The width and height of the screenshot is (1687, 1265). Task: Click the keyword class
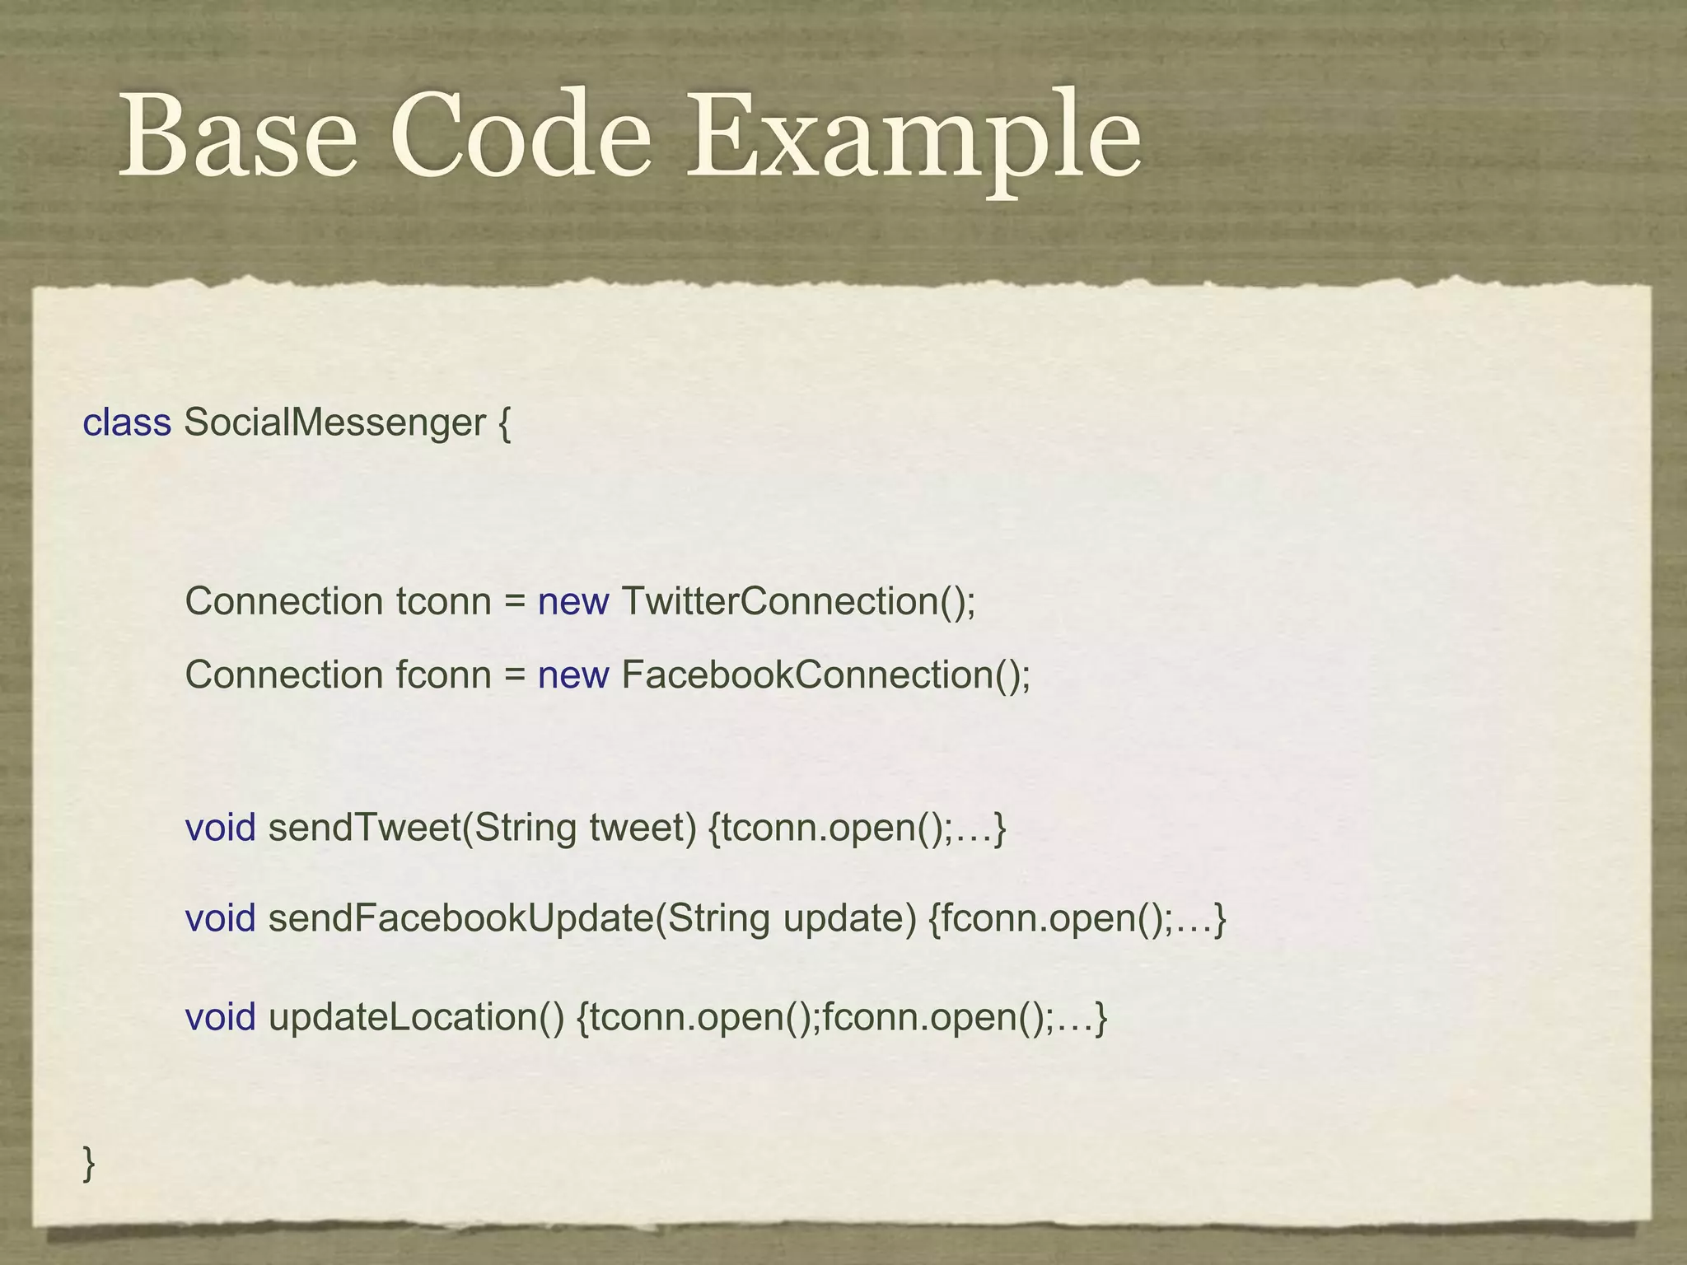tap(127, 422)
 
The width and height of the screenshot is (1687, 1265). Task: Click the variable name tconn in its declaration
tap(443, 602)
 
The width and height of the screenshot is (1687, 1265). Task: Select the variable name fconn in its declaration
tap(443, 675)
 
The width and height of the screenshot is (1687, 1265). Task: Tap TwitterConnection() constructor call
tap(798, 602)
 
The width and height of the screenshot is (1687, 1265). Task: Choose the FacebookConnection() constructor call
tap(826, 675)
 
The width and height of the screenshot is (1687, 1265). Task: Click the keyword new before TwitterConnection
tap(573, 602)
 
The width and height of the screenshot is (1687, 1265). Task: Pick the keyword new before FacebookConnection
tap(573, 675)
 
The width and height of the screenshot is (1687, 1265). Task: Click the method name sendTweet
tap(364, 828)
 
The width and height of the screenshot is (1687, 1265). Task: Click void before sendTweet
tap(220, 828)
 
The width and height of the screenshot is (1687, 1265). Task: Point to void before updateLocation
tap(220, 1018)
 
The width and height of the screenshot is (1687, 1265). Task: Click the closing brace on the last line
tap(89, 1164)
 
